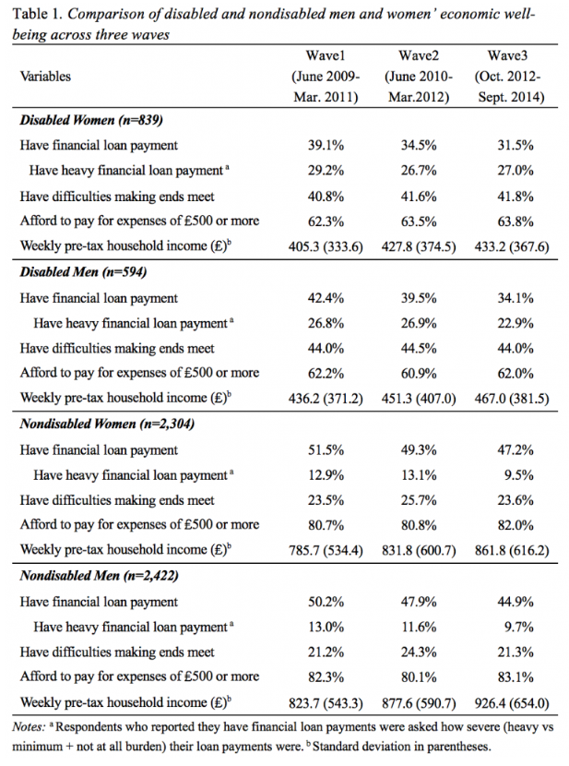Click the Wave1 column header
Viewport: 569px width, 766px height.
tap(326, 55)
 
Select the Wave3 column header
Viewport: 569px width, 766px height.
tap(507, 55)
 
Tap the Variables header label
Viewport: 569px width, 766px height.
tap(45, 77)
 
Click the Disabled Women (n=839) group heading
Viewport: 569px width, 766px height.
tap(91, 120)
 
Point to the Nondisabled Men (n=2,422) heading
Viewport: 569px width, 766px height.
tap(99, 576)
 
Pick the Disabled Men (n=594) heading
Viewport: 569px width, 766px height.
tap(83, 272)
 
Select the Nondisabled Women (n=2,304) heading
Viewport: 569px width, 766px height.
tap(107, 424)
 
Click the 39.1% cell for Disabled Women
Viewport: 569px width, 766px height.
tap(326, 146)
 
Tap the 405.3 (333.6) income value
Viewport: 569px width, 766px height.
tap(326, 246)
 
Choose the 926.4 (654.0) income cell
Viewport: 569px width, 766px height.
tap(512, 702)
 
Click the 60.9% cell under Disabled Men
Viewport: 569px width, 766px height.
tap(419, 374)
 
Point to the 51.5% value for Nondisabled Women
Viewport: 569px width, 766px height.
tap(326, 450)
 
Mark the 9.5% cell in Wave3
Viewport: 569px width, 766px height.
tap(518, 475)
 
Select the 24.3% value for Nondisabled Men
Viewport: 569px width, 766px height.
tap(419, 652)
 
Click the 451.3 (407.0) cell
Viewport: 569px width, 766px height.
tap(419, 398)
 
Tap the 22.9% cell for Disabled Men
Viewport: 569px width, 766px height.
tap(516, 323)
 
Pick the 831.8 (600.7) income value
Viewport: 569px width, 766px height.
tap(419, 550)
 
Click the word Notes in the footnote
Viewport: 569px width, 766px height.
tap(29, 727)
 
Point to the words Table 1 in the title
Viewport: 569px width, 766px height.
tap(37, 14)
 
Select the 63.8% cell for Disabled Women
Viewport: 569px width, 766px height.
tap(516, 221)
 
